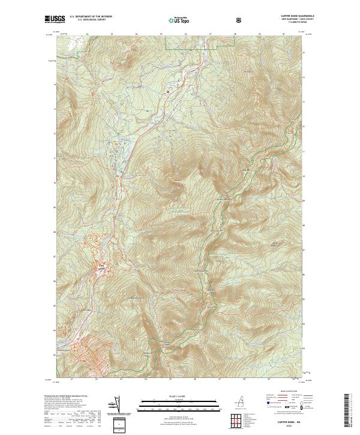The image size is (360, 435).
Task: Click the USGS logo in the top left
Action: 52,19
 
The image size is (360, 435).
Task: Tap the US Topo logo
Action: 176,20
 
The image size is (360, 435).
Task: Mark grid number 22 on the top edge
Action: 87,35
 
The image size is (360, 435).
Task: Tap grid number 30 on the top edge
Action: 284,35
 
